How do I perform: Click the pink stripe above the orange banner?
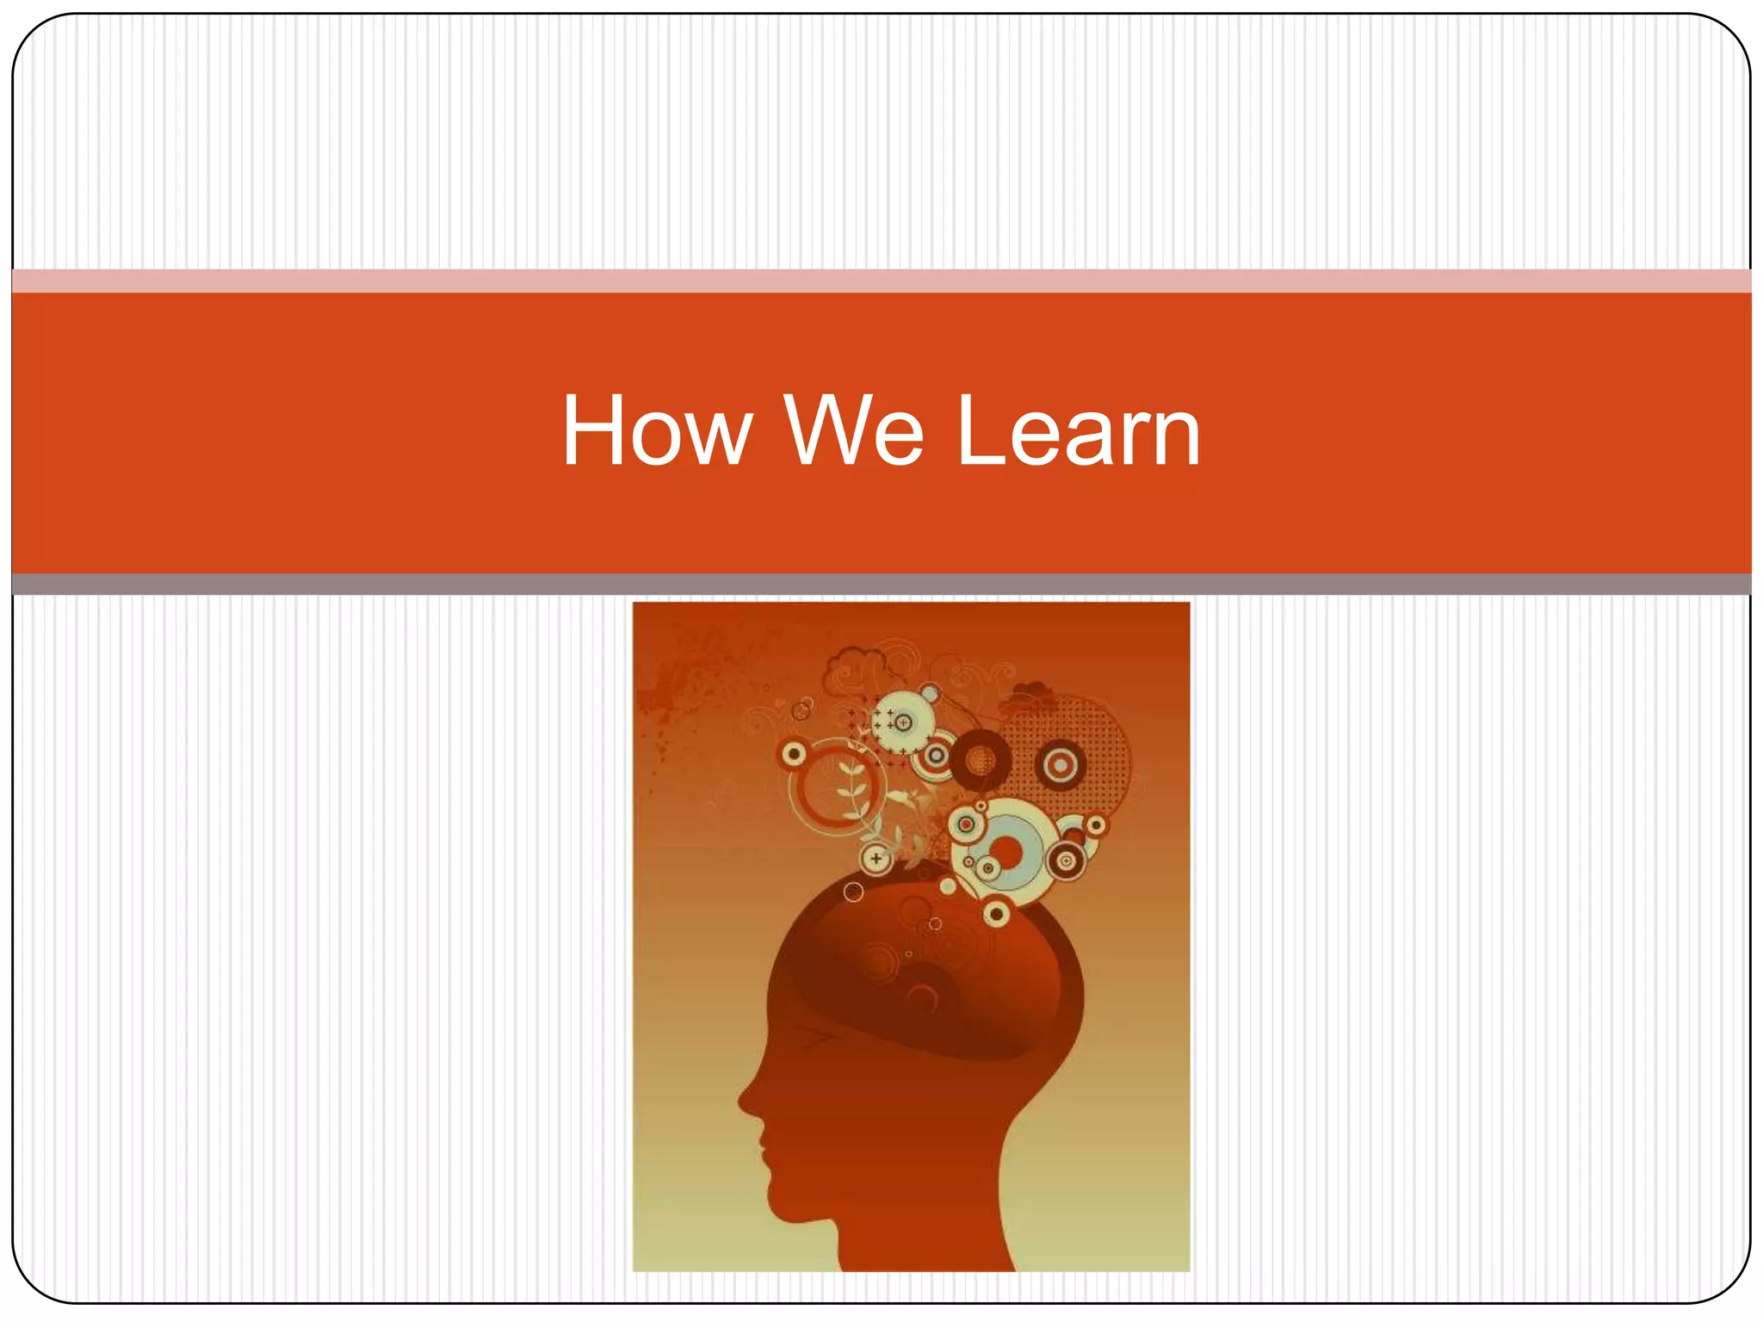tap(881, 281)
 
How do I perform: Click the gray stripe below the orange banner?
tap(881, 584)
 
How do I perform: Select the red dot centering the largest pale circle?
tap(1007, 851)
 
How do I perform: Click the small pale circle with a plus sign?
tap(876, 858)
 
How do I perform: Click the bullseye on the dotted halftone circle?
tap(1061, 764)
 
